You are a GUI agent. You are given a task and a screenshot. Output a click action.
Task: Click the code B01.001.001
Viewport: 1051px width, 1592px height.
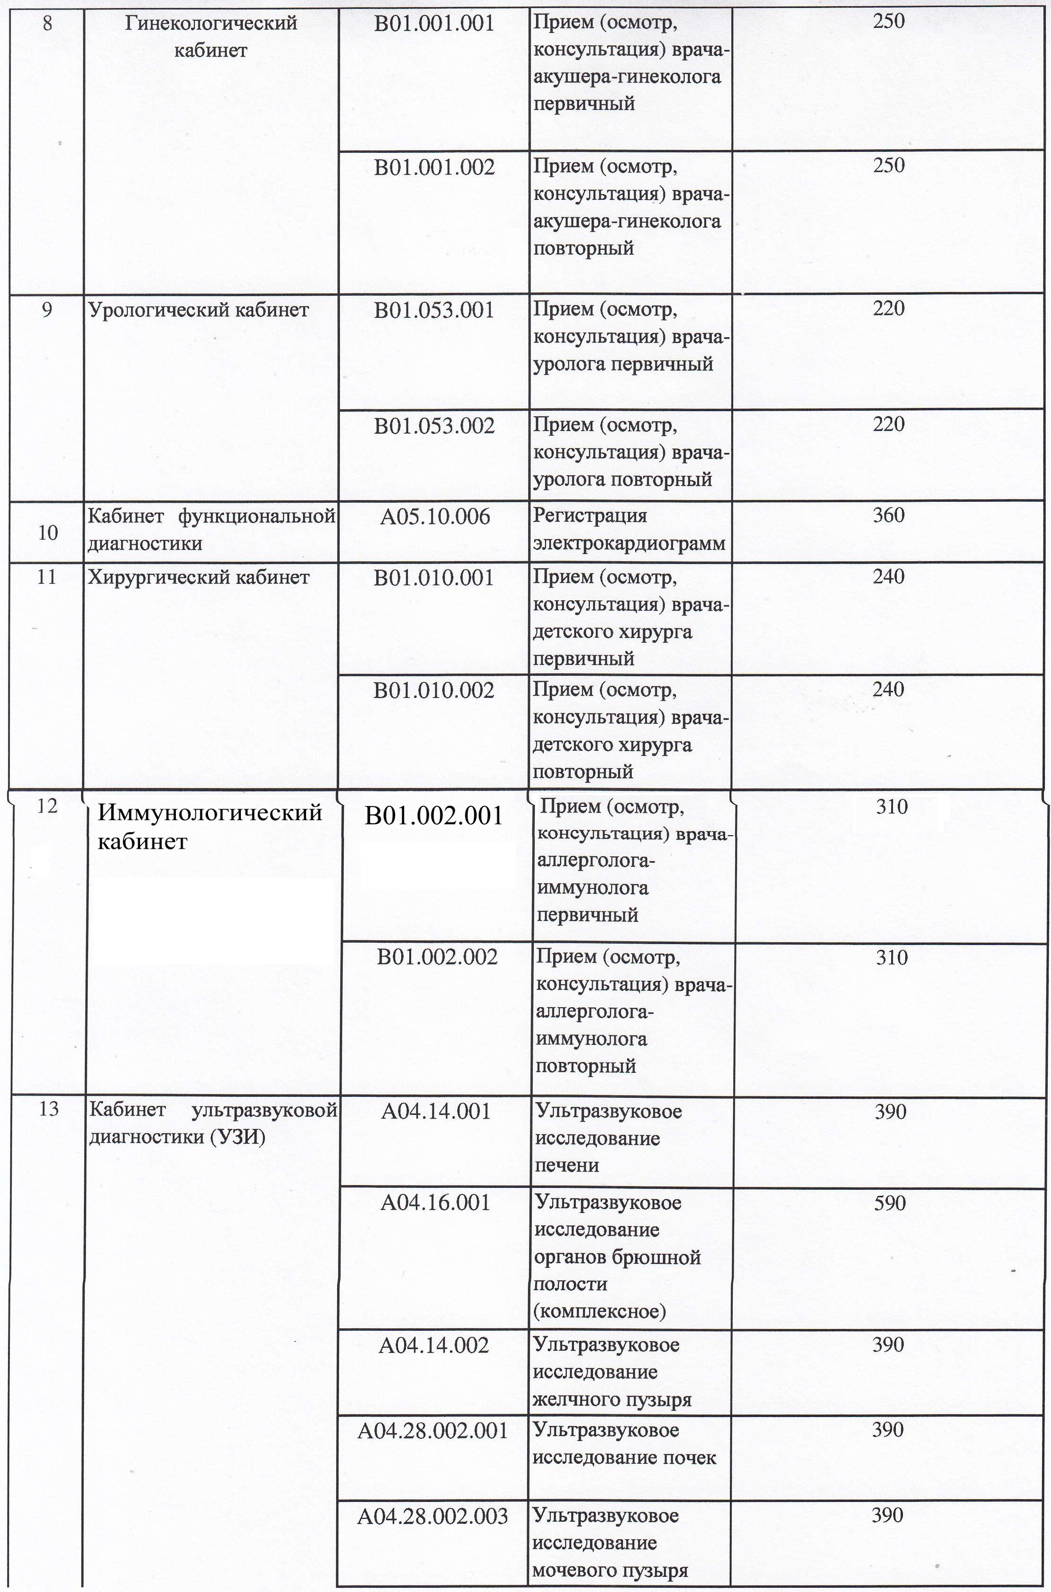coord(434,24)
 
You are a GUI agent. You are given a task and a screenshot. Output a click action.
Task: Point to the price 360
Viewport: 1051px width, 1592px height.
coord(888,515)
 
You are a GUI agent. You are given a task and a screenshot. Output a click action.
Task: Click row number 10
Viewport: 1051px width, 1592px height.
coord(48,533)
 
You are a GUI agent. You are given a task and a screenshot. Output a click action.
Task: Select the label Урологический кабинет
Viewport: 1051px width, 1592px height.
coord(199,310)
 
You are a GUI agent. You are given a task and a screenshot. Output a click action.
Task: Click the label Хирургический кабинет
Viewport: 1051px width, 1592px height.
coord(199,577)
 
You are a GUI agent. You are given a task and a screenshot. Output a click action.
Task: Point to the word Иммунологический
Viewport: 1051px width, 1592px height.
coord(210,813)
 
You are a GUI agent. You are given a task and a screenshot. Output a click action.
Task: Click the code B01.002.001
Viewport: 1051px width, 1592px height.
coord(434,816)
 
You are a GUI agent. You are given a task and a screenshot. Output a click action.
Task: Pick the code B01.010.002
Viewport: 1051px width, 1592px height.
coord(434,690)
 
